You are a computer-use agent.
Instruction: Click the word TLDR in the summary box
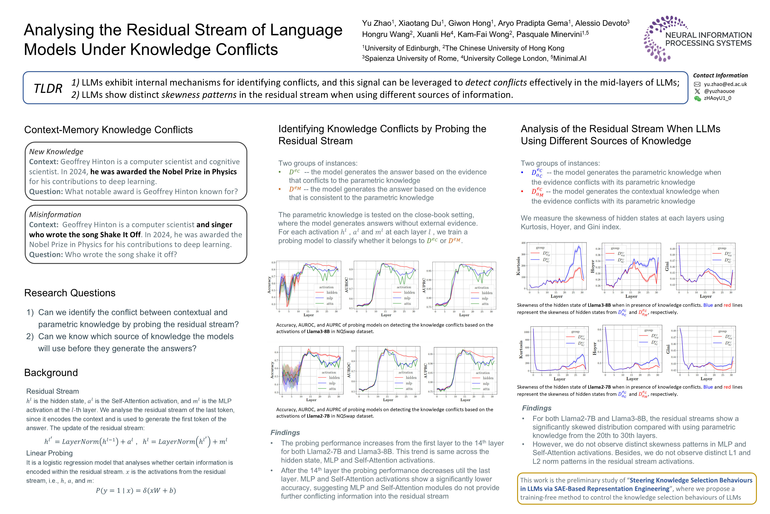click(48, 89)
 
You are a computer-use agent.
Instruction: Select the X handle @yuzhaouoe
click(719, 91)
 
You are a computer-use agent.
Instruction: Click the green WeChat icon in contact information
click(697, 98)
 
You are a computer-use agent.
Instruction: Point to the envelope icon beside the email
click(697, 84)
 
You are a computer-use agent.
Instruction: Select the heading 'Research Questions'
click(70, 293)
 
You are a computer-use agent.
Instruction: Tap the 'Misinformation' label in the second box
click(55, 215)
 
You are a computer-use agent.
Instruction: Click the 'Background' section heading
click(51, 373)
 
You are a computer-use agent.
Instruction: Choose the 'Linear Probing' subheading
click(49, 453)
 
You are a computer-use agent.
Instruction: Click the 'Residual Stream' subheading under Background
click(52, 391)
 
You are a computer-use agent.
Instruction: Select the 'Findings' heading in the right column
click(537, 408)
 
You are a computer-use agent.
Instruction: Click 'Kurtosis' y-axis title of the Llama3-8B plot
click(518, 266)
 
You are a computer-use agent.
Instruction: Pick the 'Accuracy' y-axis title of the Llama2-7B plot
click(272, 370)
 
